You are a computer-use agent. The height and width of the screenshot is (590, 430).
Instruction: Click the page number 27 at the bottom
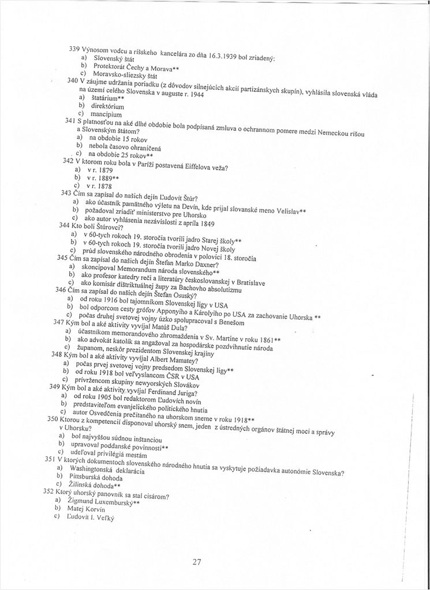(196, 562)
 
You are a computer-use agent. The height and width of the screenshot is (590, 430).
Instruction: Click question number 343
(66, 193)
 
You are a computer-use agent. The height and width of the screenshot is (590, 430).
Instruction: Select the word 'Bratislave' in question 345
(246, 282)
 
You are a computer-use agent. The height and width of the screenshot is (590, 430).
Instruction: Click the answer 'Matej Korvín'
(84, 509)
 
